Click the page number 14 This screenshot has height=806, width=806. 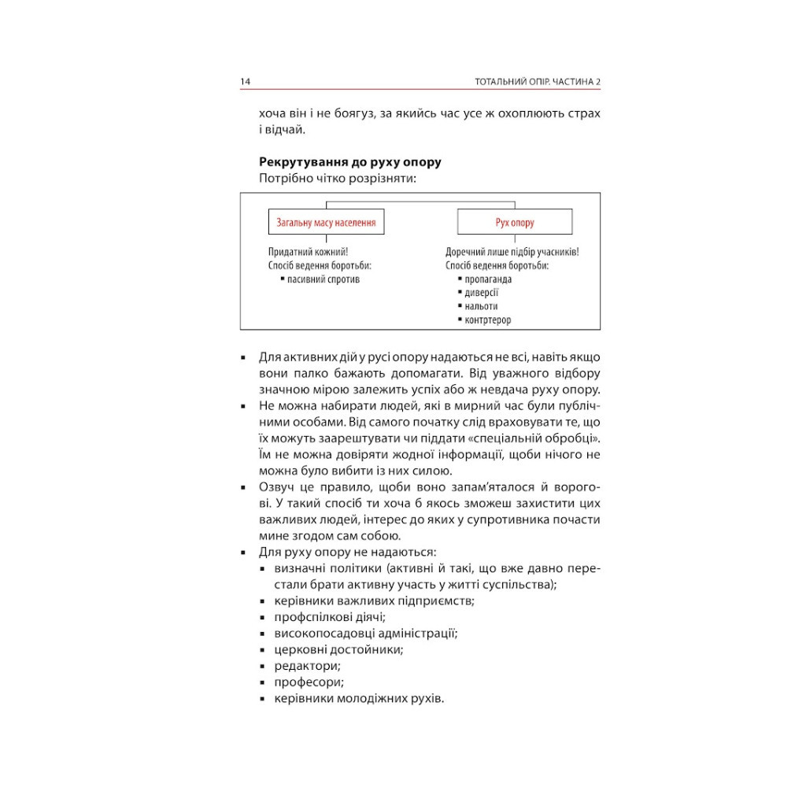coord(246,83)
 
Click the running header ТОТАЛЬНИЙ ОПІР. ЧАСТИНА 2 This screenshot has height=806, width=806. coord(538,83)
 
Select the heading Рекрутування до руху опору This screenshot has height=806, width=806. coord(349,162)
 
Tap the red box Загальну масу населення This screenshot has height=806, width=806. coord(326,223)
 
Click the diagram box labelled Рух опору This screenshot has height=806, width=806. coord(515,223)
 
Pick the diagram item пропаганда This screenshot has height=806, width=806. coord(488,279)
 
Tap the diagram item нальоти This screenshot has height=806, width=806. coord(481,306)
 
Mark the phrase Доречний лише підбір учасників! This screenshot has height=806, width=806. coord(512,252)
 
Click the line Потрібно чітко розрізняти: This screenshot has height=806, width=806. coord(337,179)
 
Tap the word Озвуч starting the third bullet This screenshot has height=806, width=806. coord(276,488)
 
